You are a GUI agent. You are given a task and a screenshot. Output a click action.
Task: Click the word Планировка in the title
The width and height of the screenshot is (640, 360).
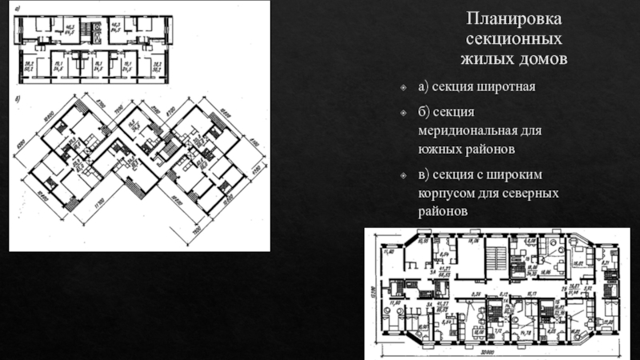tap(515, 18)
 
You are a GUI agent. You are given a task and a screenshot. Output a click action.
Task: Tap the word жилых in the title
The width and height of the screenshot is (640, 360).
tap(486, 59)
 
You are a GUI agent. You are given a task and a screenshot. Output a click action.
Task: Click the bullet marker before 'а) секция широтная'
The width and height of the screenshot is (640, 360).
tap(406, 87)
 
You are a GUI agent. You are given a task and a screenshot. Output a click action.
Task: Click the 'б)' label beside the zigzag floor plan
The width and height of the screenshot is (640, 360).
tap(18, 99)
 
